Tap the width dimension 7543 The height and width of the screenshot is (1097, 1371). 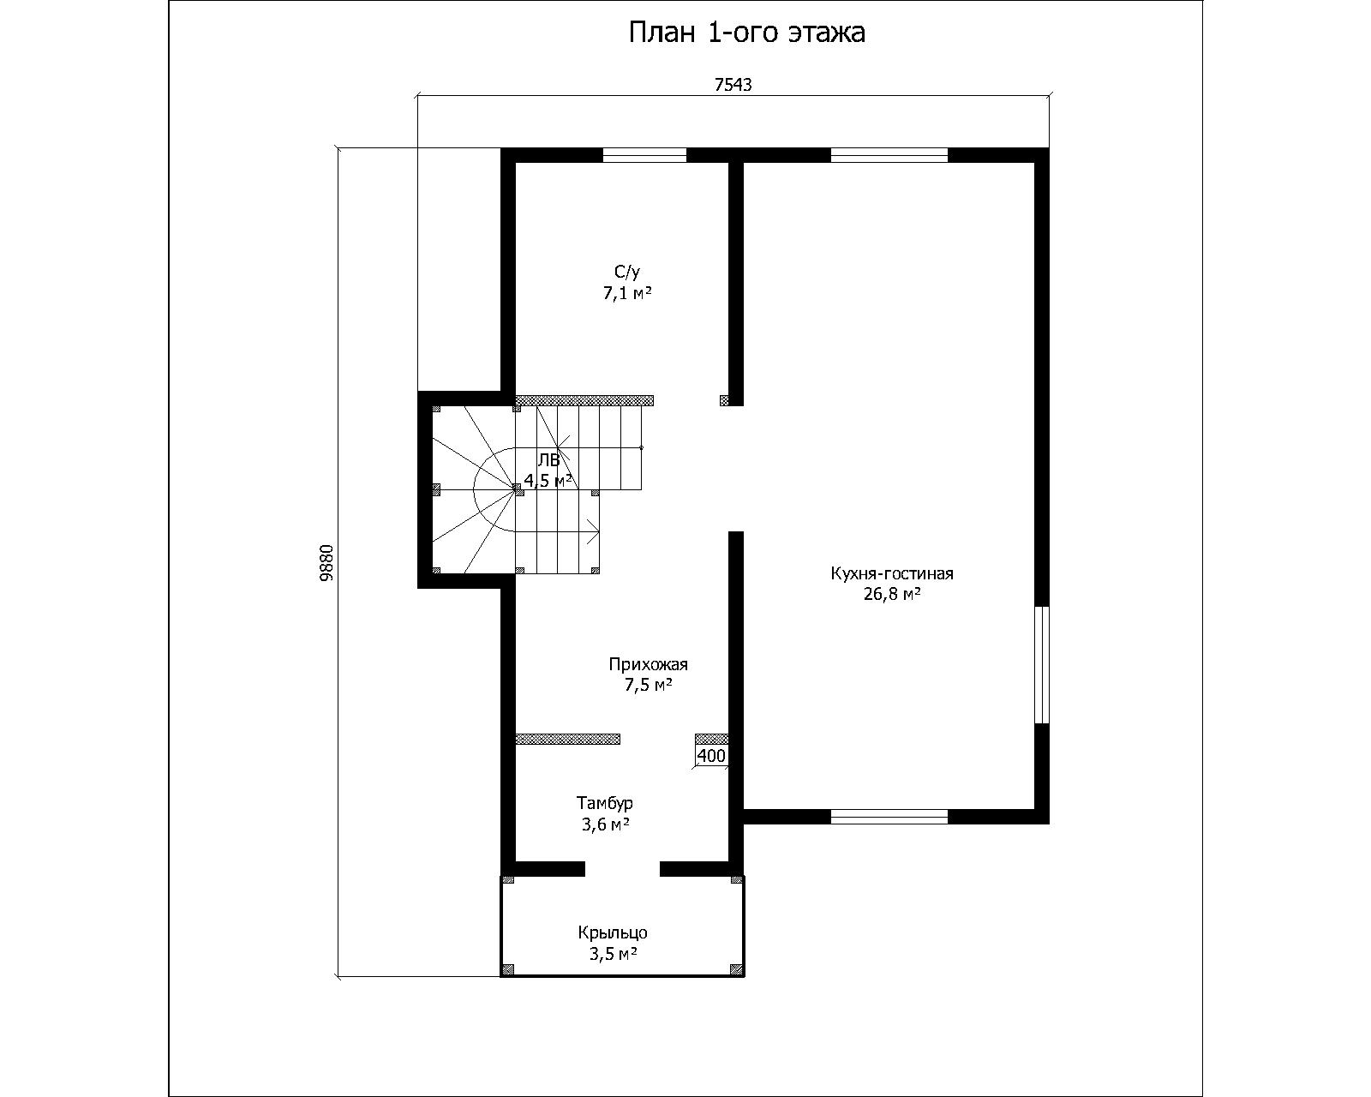pos(733,85)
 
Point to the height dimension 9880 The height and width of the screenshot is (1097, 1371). pos(326,563)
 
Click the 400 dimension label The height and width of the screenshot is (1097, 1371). pos(711,755)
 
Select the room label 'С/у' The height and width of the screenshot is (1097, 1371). pos(627,273)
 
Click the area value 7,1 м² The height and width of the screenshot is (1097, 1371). pos(627,293)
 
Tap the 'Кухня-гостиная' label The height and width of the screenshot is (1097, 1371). pos(892,573)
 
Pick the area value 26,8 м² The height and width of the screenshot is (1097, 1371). pos(892,594)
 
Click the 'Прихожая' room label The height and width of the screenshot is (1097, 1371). pos(648,665)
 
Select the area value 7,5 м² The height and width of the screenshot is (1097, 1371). pos(649,686)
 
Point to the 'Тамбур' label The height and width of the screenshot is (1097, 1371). pos(605,802)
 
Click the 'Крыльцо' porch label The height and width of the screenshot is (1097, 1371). pos(613,933)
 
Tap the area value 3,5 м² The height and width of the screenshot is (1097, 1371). pos(613,954)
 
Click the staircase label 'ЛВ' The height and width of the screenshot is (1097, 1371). pos(548,459)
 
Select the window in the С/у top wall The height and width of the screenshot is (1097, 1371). pos(644,155)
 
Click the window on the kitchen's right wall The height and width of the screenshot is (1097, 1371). pos(1042,665)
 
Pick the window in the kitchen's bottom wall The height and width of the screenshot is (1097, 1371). pos(889,817)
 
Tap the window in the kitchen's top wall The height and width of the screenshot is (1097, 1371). pos(889,155)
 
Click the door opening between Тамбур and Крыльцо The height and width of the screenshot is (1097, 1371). pos(622,869)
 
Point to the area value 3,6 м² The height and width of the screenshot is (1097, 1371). pos(605,824)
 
